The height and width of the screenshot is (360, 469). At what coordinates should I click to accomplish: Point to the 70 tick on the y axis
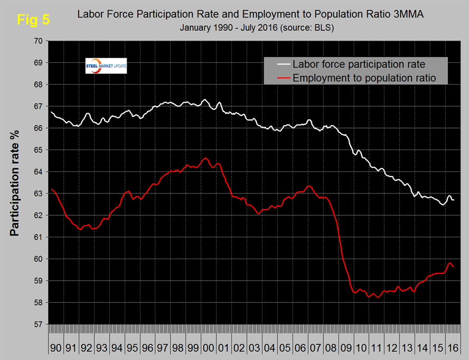tap(39, 41)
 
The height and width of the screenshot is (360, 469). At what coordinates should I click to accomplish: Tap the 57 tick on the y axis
tap(39, 324)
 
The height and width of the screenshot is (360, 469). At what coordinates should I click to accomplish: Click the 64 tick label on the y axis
tap(39, 172)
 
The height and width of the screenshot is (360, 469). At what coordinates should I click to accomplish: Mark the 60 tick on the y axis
tap(39, 259)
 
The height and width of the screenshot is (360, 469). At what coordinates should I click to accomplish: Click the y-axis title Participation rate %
tap(15, 183)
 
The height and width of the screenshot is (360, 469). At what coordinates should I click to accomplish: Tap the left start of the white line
tap(51, 112)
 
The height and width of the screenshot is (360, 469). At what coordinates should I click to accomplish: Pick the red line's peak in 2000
tap(205, 158)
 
